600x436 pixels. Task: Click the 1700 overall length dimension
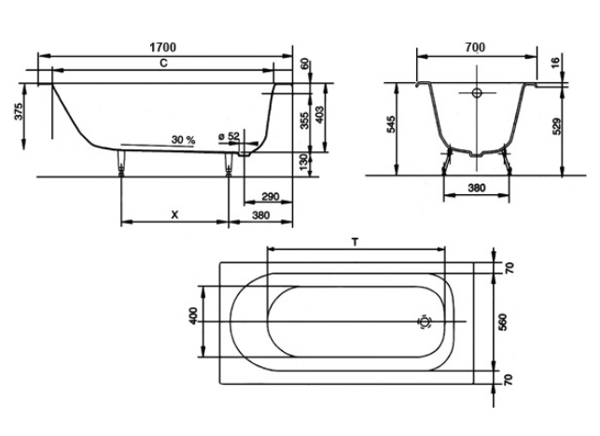[x=162, y=47]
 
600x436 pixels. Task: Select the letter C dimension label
[x=163, y=63]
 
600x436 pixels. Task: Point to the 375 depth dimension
[x=20, y=111]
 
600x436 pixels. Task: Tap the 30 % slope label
[x=183, y=140]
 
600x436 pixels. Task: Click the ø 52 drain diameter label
[x=229, y=136]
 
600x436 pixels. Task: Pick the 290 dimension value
[x=271, y=196]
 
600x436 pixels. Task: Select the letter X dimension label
[x=174, y=215]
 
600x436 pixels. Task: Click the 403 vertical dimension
[x=319, y=115]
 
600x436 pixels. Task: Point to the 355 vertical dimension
[x=304, y=120]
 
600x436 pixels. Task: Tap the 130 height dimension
[x=303, y=162]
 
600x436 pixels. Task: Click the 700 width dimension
[x=475, y=47]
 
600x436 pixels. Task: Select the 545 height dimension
[x=391, y=124]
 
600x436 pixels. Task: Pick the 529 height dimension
[x=557, y=126]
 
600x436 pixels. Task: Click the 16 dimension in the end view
[x=556, y=62]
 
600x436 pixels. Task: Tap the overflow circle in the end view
[x=477, y=92]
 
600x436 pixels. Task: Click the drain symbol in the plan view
[x=425, y=322]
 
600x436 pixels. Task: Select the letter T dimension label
[x=356, y=242]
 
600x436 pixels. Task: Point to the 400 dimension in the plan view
[x=193, y=316]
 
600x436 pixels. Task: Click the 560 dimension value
[x=503, y=322]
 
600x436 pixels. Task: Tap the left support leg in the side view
[x=121, y=162]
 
